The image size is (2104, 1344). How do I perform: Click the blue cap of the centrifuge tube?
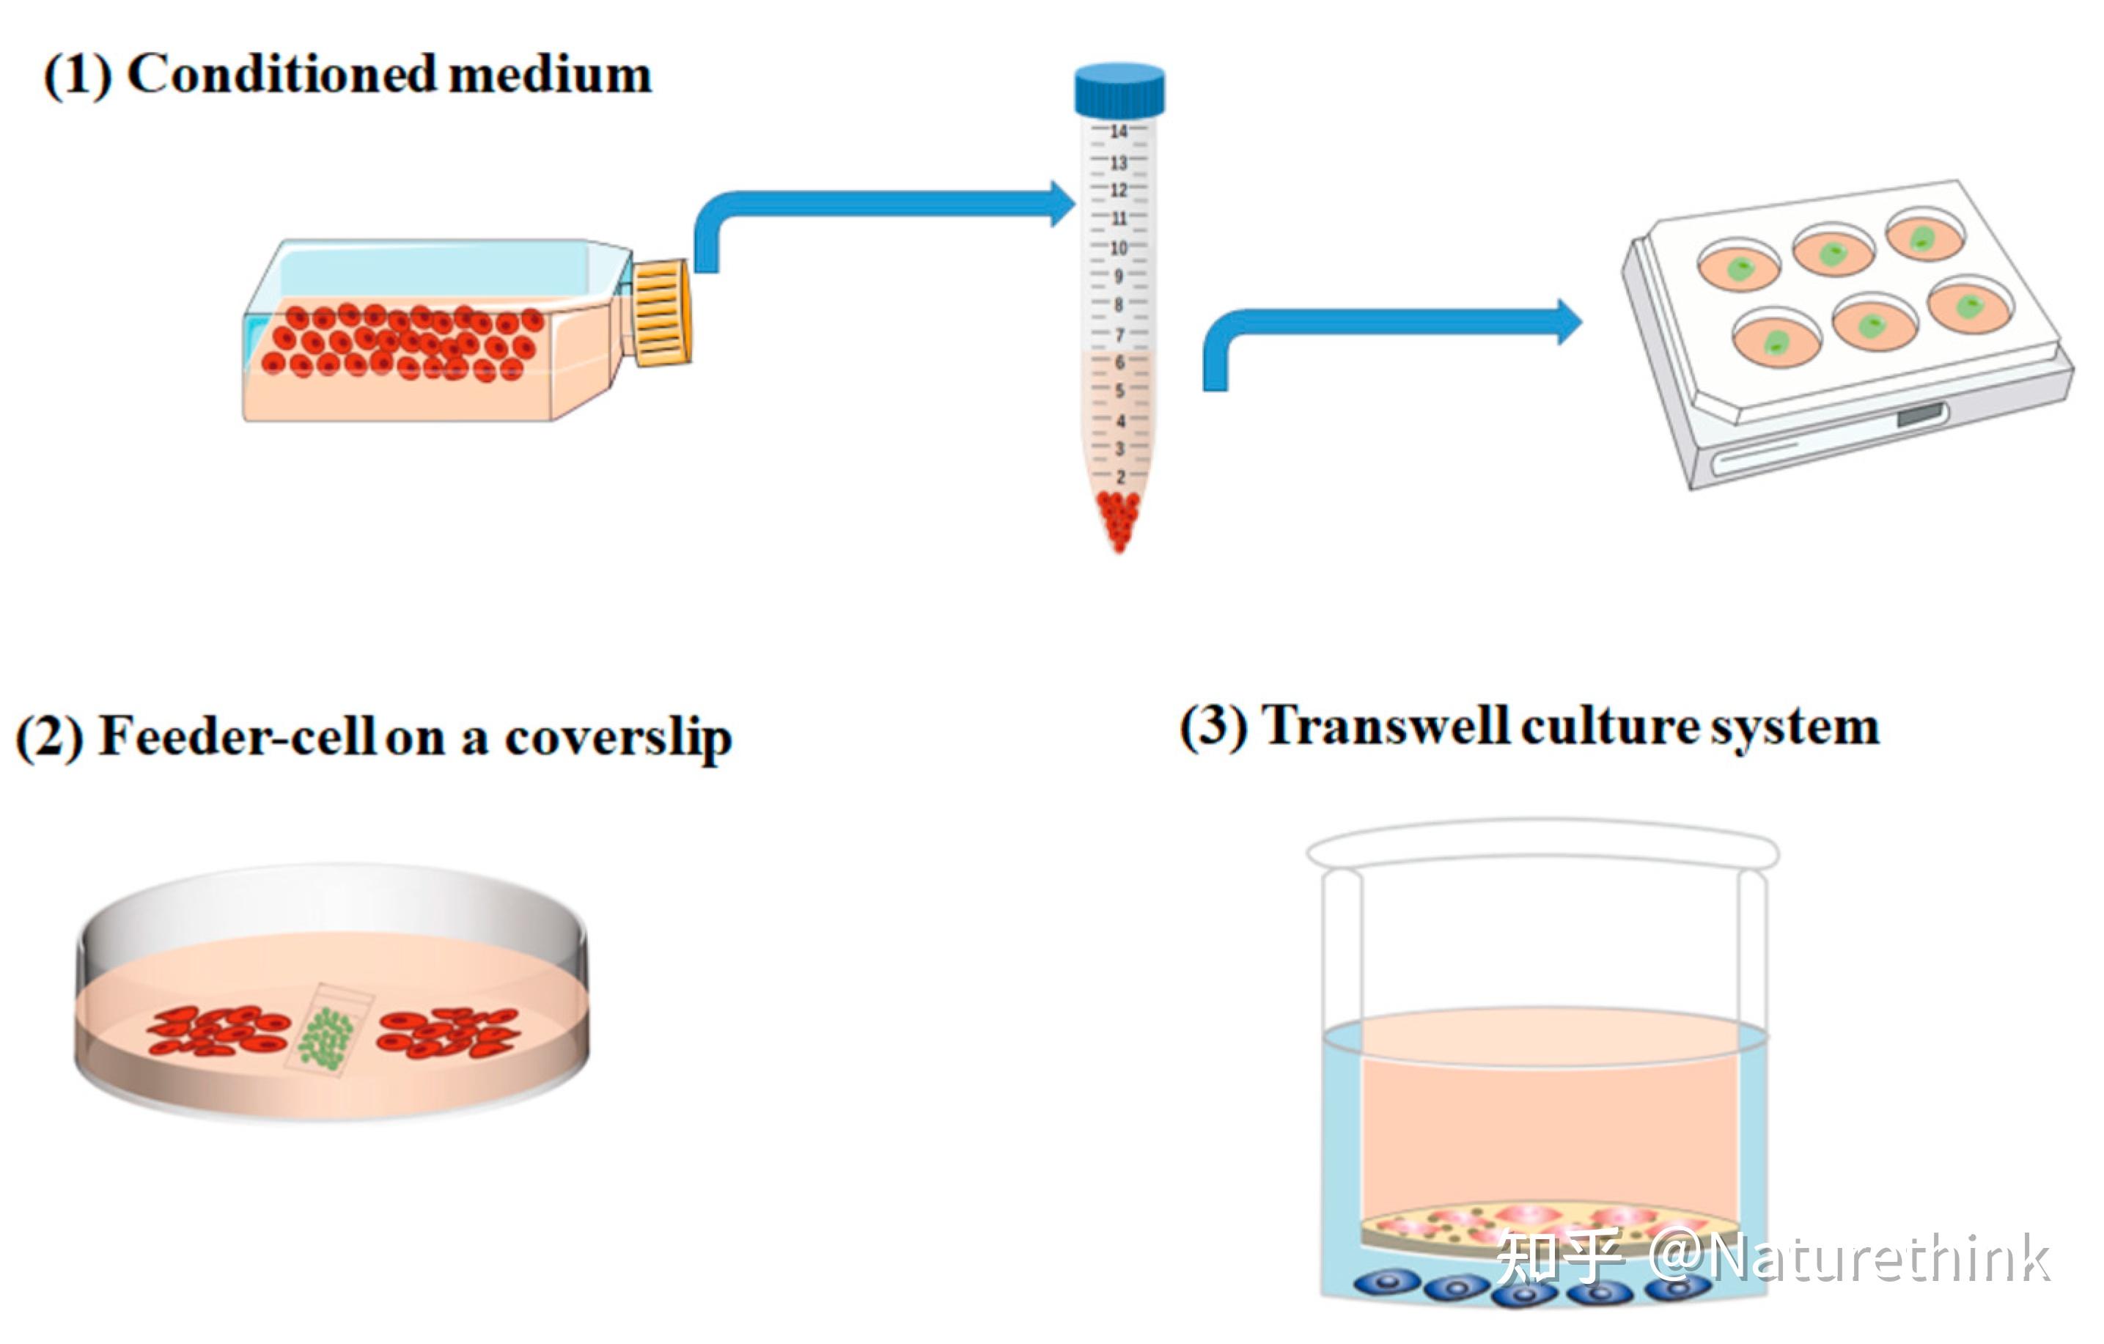click(x=1119, y=89)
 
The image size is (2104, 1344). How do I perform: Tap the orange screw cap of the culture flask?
click(x=661, y=311)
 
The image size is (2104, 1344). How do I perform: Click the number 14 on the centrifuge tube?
click(x=1119, y=131)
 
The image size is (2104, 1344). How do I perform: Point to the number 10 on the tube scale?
click(x=1119, y=247)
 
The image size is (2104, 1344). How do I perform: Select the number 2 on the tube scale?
click(x=1120, y=477)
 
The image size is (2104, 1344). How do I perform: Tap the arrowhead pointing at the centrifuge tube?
click(x=1062, y=204)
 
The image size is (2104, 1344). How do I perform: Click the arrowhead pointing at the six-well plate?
click(x=1570, y=322)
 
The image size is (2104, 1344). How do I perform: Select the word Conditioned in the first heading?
click(x=282, y=73)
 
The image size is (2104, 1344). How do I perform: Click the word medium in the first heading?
click(x=551, y=74)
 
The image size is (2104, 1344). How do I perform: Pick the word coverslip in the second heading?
click(x=619, y=739)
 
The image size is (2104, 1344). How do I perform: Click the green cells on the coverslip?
click(x=327, y=1039)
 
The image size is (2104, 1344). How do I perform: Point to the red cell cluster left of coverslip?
click(x=218, y=1030)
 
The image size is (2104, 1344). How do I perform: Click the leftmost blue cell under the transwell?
click(x=1386, y=1282)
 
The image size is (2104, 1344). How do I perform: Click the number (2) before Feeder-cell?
click(x=50, y=738)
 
